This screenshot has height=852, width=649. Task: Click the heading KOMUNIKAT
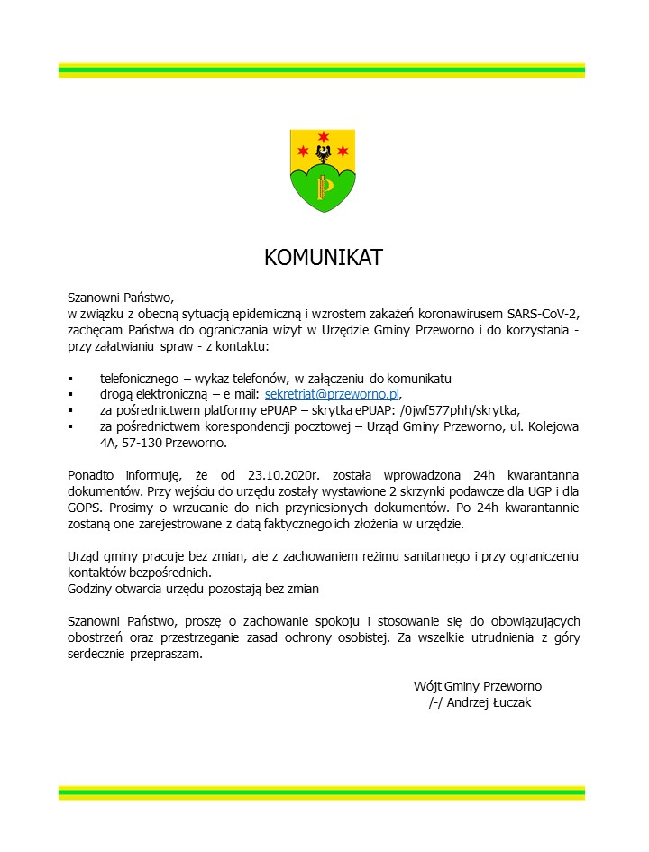tap(323, 258)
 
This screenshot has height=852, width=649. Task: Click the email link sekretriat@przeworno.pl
tap(331, 394)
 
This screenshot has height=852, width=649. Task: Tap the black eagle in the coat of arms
tap(323, 153)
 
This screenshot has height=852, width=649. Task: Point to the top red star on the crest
tap(323, 136)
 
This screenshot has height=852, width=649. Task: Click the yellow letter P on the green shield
tap(324, 187)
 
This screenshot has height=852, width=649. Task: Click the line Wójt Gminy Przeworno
tap(478, 685)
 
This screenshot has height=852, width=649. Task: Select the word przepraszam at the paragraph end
tap(165, 655)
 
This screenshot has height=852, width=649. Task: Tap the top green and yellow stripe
tap(322, 69)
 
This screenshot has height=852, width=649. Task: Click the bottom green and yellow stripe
tap(322, 792)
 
